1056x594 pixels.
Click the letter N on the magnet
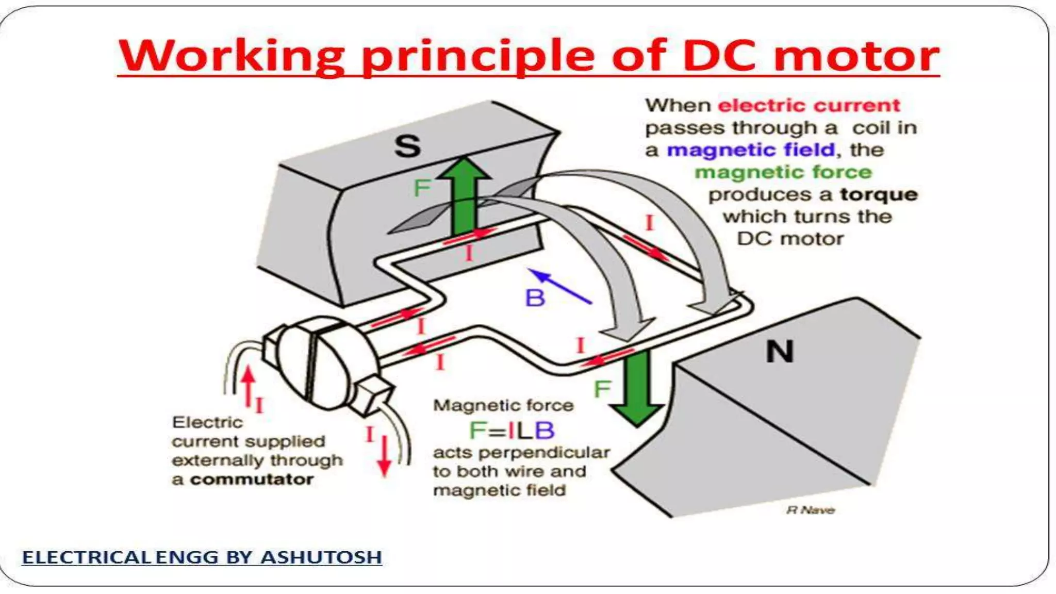pos(779,352)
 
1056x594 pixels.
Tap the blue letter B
pos(535,298)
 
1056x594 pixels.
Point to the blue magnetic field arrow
pos(561,286)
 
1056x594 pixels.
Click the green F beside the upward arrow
pos(422,188)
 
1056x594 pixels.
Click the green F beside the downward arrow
pos(602,389)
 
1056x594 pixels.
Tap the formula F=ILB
pos(511,431)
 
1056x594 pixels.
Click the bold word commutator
pos(252,480)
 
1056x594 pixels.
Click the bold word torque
pos(879,194)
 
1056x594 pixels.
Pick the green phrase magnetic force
pos(783,172)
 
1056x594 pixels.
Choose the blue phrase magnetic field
pos(750,150)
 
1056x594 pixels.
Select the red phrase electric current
pos(808,105)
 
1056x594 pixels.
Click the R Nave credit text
pos(810,510)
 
